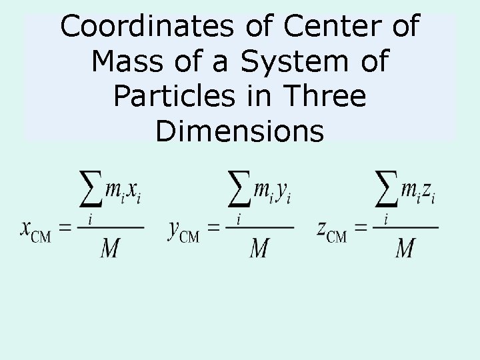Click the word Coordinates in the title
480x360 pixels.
(x=145, y=27)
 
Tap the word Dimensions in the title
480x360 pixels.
(x=239, y=131)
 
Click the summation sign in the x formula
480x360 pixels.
(x=91, y=191)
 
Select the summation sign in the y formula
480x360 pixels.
(x=240, y=191)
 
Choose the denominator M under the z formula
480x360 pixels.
(x=405, y=248)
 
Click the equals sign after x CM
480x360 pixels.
(x=65, y=228)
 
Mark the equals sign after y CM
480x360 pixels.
(x=213, y=228)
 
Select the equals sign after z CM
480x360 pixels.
(x=361, y=228)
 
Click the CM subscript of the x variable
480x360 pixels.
(x=41, y=237)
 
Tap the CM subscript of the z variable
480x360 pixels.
(x=337, y=237)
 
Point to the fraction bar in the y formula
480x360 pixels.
(x=259, y=227)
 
